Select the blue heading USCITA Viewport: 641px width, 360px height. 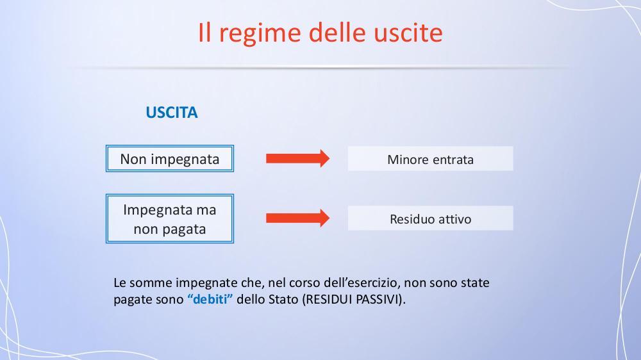(x=172, y=112)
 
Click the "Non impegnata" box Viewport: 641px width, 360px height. (x=170, y=159)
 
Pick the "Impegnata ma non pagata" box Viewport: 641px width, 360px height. (x=170, y=218)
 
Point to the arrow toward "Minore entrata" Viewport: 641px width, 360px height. (x=297, y=159)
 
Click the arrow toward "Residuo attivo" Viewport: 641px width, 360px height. (x=297, y=218)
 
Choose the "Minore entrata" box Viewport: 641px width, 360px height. (x=431, y=159)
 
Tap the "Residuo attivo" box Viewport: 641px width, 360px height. (x=431, y=218)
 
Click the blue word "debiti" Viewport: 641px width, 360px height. (x=210, y=299)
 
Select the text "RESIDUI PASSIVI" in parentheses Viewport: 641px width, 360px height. (x=353, y=299)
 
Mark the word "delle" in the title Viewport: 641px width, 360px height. (x=337, y=32)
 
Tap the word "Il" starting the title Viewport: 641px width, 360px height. (x=204, y=32)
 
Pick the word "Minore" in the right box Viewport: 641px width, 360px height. (x=408, y=160)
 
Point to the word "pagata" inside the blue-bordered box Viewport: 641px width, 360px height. (x=183, y=230)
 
